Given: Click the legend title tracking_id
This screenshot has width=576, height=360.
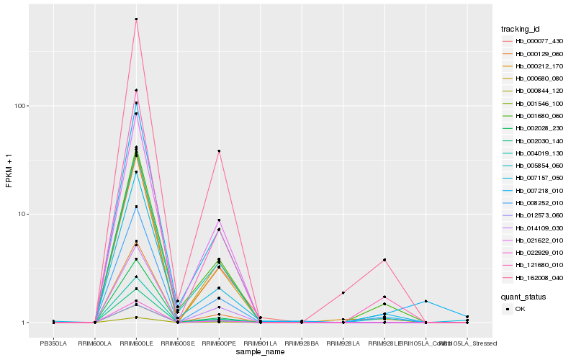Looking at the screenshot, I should click(x=521, y=29).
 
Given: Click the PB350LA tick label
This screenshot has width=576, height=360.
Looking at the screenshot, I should click(x=54, y=343).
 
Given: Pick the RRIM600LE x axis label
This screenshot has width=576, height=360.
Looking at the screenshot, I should click(x=136, y=343).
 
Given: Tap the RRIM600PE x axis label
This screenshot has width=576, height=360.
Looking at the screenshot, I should click(x=219, y=343).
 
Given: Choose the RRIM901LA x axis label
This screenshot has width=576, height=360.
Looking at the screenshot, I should click(x=260, y=343).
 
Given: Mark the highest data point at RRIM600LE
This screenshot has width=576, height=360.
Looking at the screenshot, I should click(x=136, y=19).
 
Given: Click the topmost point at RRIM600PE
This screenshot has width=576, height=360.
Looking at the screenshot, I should click(x=219, y=151).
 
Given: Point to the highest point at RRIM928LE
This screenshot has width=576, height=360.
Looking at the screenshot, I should click(x=384, y=260).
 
